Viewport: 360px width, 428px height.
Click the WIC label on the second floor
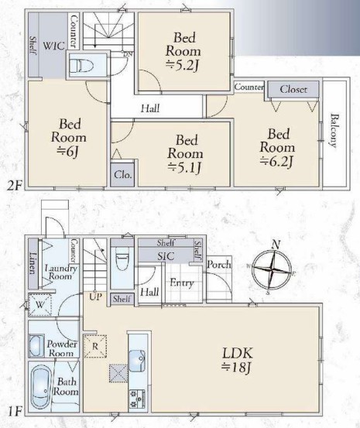54,46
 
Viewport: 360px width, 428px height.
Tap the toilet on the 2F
81,66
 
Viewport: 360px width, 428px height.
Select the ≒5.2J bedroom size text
183,66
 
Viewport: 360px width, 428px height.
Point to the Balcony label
334,131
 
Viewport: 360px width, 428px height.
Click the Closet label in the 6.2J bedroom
293,89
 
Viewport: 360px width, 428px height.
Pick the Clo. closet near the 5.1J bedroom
122,174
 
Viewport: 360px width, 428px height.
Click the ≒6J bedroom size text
68,152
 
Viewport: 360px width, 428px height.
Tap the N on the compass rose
276,245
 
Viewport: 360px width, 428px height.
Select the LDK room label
238,353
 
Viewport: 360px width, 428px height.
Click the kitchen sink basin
137,361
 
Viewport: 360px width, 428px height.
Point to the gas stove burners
137,399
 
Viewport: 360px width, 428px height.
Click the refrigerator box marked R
94,346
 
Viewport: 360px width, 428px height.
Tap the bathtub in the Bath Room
40,387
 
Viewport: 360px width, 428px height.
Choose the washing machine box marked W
40,304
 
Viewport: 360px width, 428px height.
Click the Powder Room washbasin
36,345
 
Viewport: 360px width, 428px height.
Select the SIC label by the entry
166,256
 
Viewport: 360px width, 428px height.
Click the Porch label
218,264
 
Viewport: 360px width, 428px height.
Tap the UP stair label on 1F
95,296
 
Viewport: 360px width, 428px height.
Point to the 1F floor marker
14,412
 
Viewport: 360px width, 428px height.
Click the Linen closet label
33,262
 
